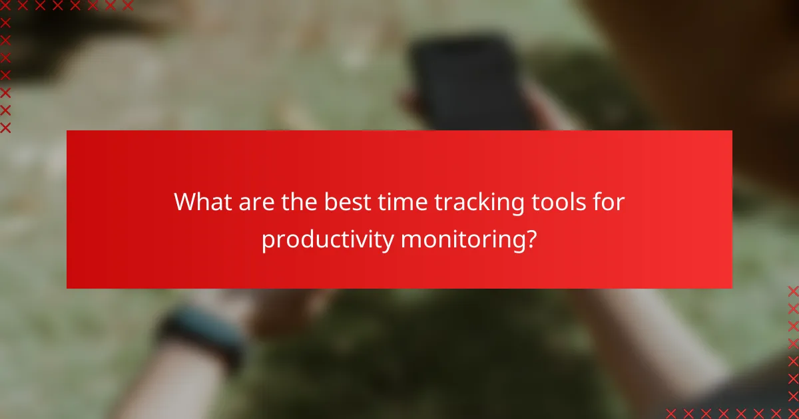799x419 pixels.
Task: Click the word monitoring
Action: pos(456,239)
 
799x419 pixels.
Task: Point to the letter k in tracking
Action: pos(481,202)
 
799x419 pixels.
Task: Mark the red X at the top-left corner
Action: pos(5,5)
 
